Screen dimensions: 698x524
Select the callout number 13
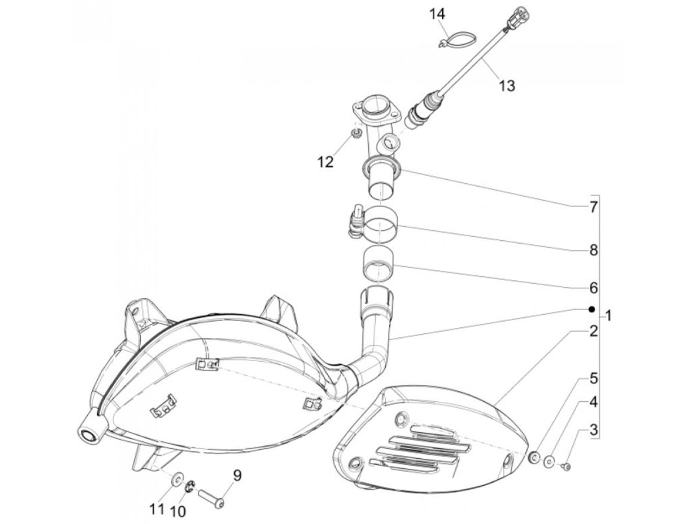click(x=507, y=85)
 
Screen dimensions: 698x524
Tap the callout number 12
click(x=326, y=162)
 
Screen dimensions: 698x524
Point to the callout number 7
click(x=593, y=207)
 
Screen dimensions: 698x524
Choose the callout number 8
click(x=593, y=251)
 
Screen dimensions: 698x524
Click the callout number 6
click(x=593, y=288)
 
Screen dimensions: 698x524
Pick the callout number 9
click(x=237, y=475)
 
